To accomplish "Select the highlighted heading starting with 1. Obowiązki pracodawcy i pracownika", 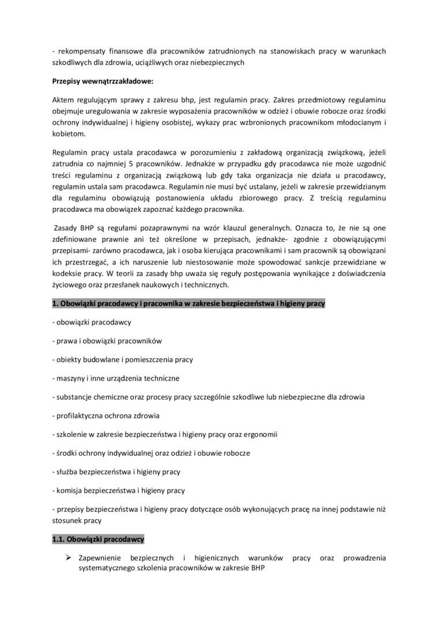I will click(x=188, y=303).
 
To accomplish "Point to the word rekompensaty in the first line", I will click(x=80, y=51).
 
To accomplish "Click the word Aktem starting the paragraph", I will click(x=63, y=100).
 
